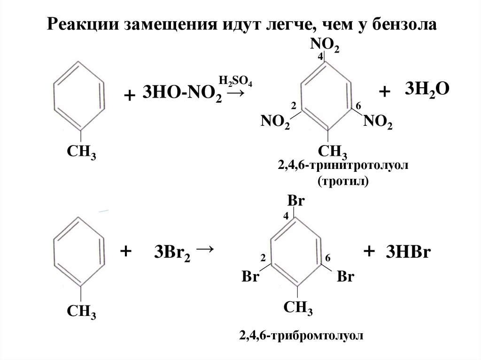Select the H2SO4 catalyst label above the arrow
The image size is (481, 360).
(x=235, y=81)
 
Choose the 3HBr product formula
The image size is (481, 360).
(x=409, y=252)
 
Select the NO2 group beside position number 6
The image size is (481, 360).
(x=378, y=123)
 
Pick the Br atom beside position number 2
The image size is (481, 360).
(x=251, y=277)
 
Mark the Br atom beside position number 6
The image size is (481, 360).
(x=345, y=277)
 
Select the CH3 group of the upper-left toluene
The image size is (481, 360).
(x=81, y=153)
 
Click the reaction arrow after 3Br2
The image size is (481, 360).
(x=206, y=249)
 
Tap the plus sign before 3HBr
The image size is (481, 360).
(x=369, y=252)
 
